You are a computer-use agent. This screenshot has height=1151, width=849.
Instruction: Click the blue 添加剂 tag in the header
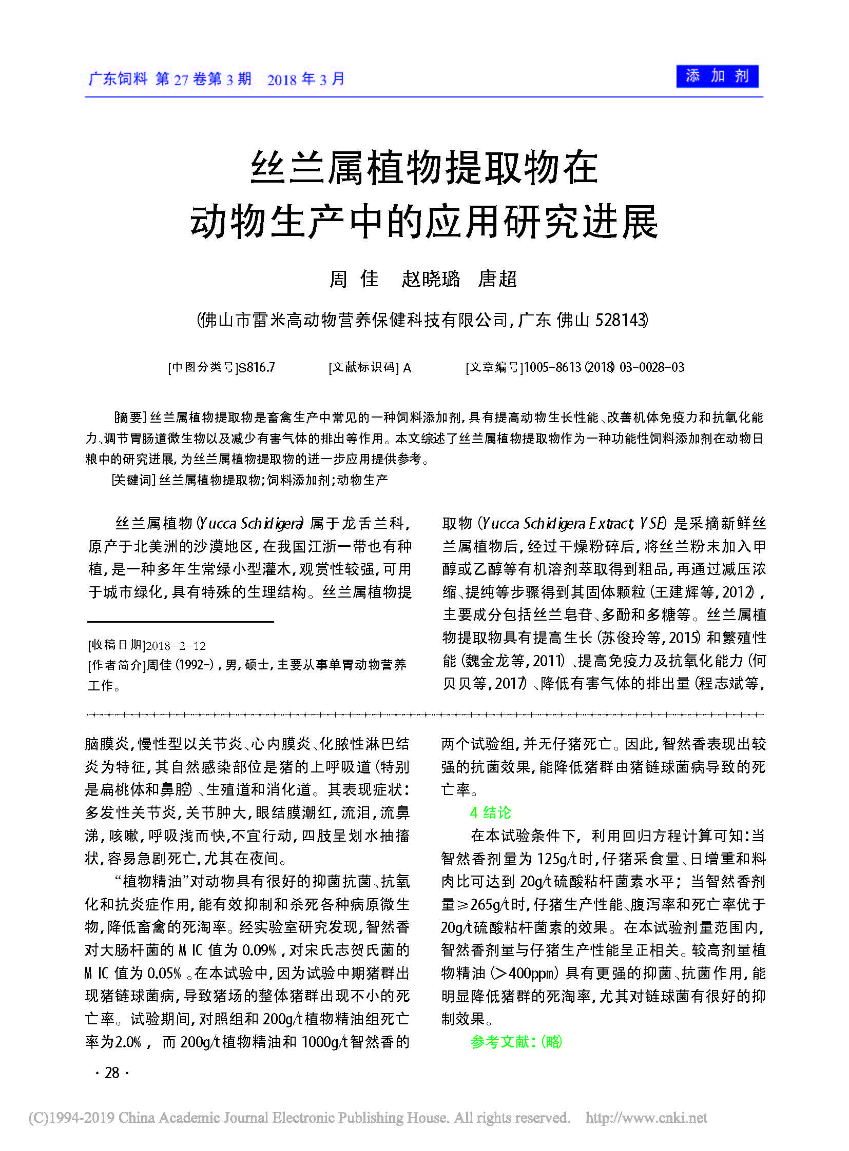[x=717, y=76]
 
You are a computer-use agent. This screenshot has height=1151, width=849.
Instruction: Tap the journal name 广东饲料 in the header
[x=118, y=78]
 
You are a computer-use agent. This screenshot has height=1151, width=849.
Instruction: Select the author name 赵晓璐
[x=431, y=279]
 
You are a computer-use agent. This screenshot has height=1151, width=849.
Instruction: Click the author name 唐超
[x=497, y=279]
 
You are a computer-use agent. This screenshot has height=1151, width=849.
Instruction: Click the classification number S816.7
[x=257, y=367]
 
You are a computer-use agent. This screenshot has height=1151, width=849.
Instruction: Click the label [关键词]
[x=133, y=480]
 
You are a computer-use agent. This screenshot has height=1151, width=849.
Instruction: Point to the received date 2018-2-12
[x=176, y=646]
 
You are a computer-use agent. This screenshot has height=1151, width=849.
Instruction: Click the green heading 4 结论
[x=491, y=812]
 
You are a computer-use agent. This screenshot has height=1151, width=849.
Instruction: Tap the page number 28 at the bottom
[x=112, y=1073]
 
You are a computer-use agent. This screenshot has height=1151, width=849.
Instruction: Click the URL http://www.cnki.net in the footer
[x=646, y=1118]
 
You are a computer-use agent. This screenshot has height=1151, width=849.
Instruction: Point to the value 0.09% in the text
[x=260, y=950]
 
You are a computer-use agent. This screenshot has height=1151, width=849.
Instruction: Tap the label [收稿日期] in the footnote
[x=117, y=646]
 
